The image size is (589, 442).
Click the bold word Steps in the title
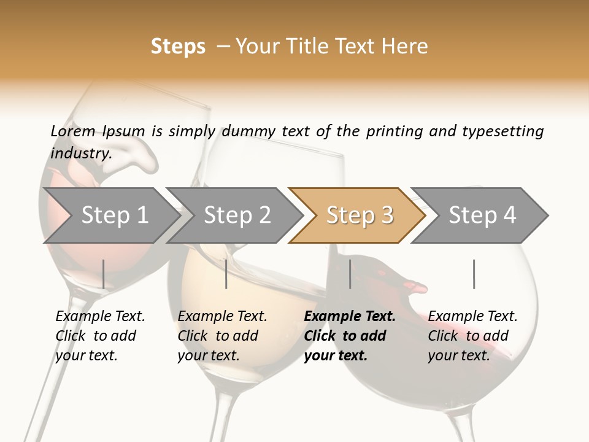coord(178,47)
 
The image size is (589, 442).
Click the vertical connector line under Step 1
coord(104,274)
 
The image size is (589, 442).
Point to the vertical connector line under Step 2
coord(226,274)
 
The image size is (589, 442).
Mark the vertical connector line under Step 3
coord(350,274)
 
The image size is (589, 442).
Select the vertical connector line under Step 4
coord(474,274)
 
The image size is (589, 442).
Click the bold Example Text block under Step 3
coord(350,336)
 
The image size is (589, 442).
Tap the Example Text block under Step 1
coord(100,336)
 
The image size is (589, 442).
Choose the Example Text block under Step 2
coord(222,336)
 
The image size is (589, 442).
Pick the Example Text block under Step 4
coord(472,336)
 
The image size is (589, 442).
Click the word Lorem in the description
coord(73,131)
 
